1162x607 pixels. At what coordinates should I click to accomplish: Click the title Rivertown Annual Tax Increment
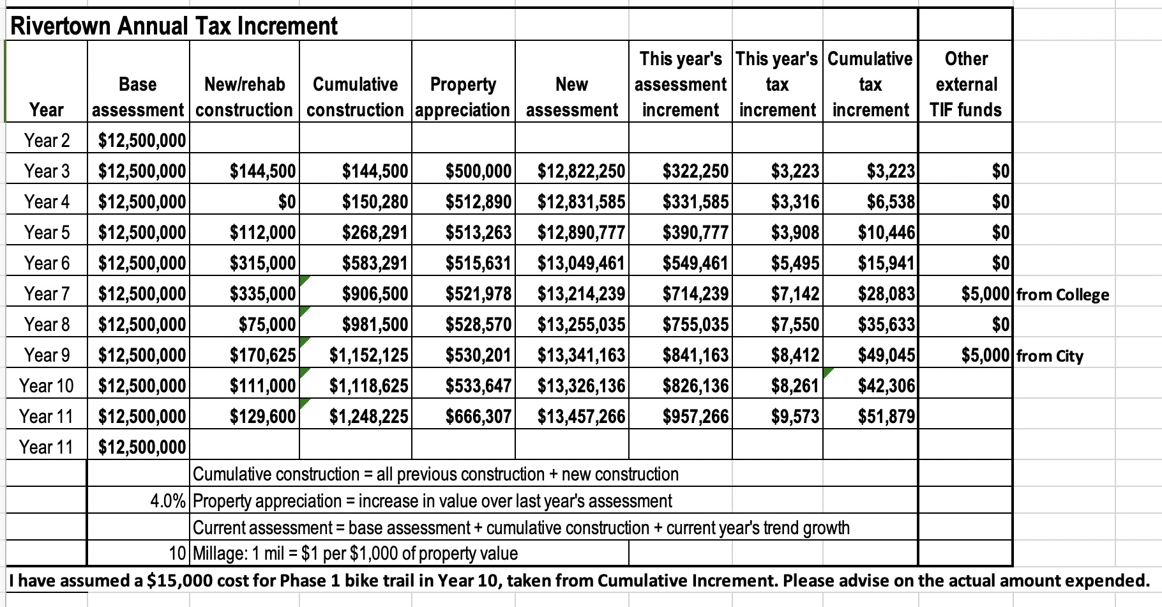click(174, 26)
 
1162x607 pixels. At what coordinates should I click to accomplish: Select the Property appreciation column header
click(463, 96)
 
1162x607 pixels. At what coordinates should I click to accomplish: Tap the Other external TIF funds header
click(966, 84)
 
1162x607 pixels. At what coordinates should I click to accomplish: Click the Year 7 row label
click(47, 294)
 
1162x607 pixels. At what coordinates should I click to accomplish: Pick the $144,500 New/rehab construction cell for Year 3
click(263, 171)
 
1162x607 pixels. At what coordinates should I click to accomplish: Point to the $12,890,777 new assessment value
click(581, 233)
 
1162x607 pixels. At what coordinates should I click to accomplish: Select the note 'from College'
click(1062, 295)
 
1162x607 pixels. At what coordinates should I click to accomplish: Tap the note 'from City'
click(1050, 356)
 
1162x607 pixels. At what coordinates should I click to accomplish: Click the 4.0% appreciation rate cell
click(168, 501)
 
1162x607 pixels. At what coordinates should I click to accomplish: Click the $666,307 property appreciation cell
click(478, 417)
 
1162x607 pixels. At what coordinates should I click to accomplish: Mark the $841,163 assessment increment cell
click(695, 355)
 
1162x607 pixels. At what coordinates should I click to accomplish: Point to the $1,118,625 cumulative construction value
click(368, 386)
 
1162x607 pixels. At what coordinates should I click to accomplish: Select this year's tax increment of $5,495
click(795, 263)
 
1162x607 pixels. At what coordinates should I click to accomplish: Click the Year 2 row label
click(47, 141)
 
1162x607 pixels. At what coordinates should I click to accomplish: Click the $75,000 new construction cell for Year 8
click(267, 325)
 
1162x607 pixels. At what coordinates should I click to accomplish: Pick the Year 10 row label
click(47, 386)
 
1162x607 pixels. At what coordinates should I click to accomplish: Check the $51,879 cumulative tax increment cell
click(886, 417)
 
